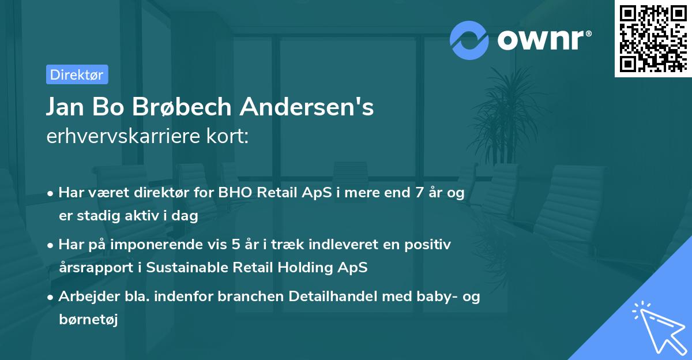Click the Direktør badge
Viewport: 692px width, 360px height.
pos(77,74)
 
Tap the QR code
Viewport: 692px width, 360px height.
pos(653,39)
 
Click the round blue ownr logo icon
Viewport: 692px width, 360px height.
pos(469,40)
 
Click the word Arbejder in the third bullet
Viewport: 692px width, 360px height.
pos(84,297)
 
